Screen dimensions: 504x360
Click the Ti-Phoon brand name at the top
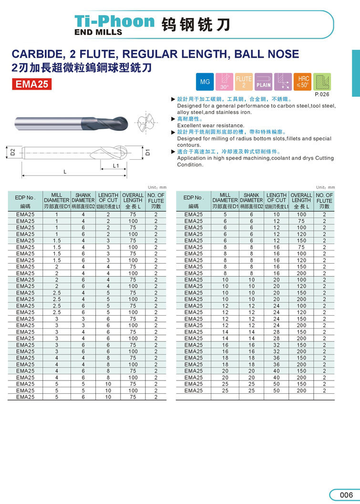(114, 21)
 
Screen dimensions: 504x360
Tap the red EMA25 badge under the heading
(32, 84)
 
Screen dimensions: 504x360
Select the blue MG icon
(205, 82)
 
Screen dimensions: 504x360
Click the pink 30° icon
(224, 82)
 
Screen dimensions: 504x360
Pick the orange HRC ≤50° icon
(303, 82)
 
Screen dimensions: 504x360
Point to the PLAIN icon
(264, 82)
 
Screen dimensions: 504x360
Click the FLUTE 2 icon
(244, 82)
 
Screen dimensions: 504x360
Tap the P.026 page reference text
(323, 94)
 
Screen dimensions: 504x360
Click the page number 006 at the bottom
(346, 495)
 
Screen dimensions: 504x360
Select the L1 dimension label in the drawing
(115, 165)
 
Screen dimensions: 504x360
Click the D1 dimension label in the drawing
(148, 152)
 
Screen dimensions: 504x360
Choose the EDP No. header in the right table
(193, 198)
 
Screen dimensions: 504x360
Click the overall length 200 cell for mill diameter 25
(301, 391)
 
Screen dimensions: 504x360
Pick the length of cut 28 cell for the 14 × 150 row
(277, 332)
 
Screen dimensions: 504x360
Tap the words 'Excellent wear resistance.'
(210, 125)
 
